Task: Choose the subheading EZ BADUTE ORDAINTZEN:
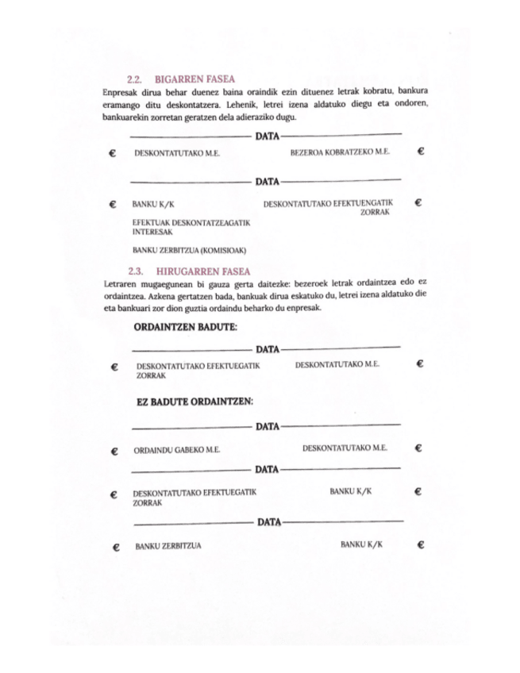pos(195,402)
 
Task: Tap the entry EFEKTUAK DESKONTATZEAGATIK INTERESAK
pos(191,229)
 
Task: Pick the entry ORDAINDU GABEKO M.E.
pos(176,450)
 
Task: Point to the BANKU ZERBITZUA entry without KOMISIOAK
pos(168,546)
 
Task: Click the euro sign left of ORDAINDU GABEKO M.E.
pos(115,451)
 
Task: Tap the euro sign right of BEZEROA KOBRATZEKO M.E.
pos(421,150)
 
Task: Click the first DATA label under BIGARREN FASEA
pos(267,136)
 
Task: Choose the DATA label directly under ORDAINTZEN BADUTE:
pos(267,348)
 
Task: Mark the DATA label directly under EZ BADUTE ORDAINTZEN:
pos(267,426)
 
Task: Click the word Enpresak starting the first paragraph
pos(121,91)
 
